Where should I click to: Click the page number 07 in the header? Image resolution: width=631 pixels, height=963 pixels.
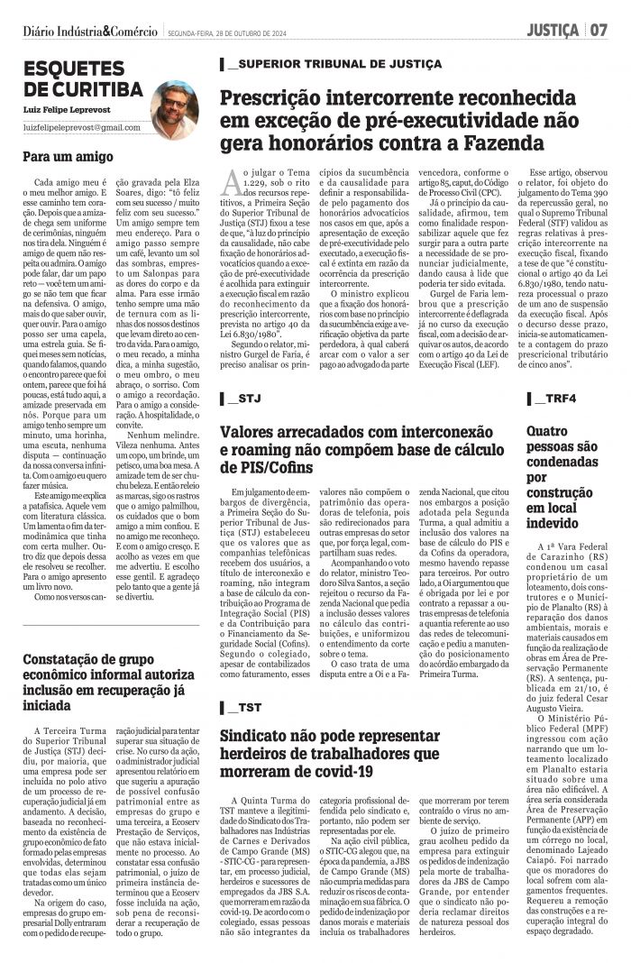(599, 31)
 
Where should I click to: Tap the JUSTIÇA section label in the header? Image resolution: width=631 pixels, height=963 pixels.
(553, 31)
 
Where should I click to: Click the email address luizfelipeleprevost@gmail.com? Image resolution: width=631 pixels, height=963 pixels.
(82, 128)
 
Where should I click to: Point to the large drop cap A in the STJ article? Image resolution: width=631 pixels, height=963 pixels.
(231, 180)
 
